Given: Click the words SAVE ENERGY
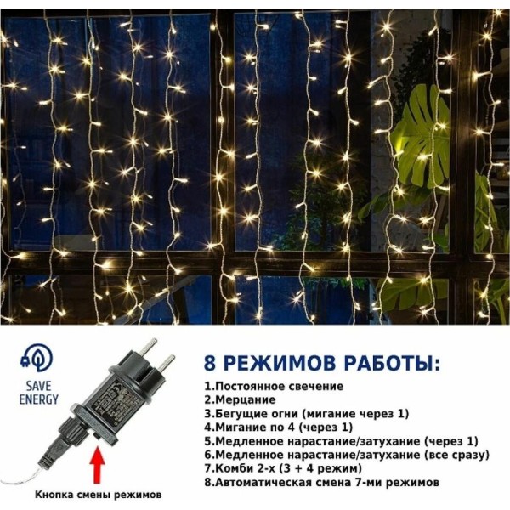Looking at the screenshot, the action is click(x=39, y=393).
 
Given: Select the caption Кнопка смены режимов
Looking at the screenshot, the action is click(x=98, y=495).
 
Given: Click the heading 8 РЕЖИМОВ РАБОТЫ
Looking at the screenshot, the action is click(x=322, y=363).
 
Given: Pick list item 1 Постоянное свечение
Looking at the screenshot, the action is click(x=274, y=387).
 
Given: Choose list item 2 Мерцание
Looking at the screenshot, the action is click(x=240, y=399).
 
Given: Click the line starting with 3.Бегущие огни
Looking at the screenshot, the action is click(x=306, y=414).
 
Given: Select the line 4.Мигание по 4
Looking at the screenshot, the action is click(x=279, y=428).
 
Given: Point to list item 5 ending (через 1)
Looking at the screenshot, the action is click(x=341, y=441).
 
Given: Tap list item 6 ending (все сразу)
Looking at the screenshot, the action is click(x=347, y=455).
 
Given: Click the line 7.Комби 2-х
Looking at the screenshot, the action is click(x=283, y=468).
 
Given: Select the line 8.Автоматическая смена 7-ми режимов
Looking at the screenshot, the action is click(x=321, y=482).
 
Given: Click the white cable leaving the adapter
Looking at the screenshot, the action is click(x=28, y=476).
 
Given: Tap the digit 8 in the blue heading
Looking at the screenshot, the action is click(x=210, y=363).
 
